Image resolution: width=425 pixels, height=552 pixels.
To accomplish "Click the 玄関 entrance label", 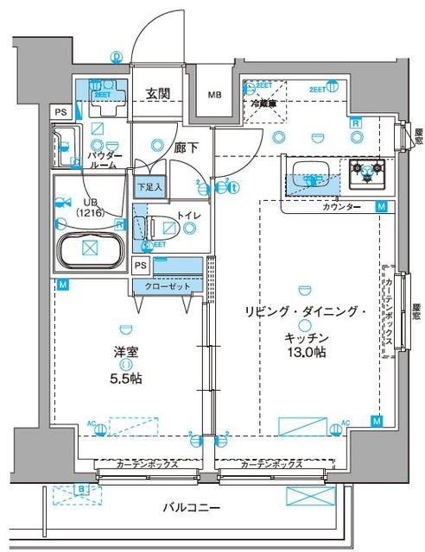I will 158,94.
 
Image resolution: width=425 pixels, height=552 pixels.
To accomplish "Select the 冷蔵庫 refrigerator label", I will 264,103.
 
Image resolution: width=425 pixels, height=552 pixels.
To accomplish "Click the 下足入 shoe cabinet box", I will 150,185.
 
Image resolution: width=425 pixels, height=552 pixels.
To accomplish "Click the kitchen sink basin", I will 308,170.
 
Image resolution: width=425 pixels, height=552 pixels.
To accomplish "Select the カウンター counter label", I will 343,208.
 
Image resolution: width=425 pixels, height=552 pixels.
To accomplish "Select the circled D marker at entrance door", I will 117,57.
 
